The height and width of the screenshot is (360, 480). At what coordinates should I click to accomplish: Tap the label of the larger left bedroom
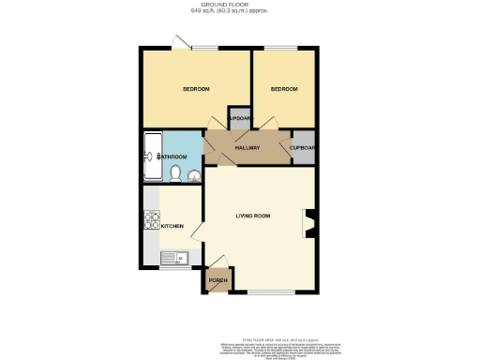195,89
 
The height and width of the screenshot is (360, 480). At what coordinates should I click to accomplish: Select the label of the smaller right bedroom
284,89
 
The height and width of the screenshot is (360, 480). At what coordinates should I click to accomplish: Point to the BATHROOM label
172,157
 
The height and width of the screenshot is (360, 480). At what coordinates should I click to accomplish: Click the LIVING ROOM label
252,217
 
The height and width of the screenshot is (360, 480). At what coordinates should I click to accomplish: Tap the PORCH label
218,281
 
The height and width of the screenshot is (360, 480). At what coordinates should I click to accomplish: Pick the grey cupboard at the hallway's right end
302,148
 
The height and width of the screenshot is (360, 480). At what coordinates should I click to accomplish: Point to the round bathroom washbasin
193,174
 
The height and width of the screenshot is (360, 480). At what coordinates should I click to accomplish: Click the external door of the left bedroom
178,42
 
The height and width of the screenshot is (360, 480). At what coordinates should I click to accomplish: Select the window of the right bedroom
283,48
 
